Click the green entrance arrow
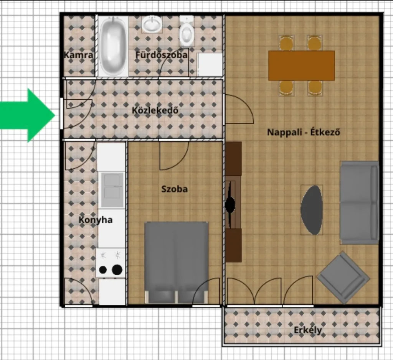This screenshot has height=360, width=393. (28, 115)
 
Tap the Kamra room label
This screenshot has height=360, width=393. (78, 55)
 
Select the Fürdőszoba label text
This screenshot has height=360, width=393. (162, 55)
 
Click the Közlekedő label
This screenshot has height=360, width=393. (155, 110)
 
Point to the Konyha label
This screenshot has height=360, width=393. (96, 220)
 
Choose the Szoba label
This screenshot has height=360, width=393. (175, 189)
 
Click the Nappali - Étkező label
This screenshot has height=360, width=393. (304, 132)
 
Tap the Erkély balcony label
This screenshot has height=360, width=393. (308, 330)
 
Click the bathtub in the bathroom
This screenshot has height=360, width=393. (112, 46)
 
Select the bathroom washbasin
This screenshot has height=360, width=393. (152, 24)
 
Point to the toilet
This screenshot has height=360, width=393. (187, 31)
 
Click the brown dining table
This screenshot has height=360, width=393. (301, 66)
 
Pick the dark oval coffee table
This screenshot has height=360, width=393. (312, 210)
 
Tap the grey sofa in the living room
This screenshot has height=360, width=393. (359, 203)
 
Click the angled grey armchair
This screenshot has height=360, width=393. (343, 278)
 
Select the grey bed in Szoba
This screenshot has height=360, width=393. (177, 263)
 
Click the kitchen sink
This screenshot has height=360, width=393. (112, 190)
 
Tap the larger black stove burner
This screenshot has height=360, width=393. (117, 270)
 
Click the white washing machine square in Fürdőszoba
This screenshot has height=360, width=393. (210, 64)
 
